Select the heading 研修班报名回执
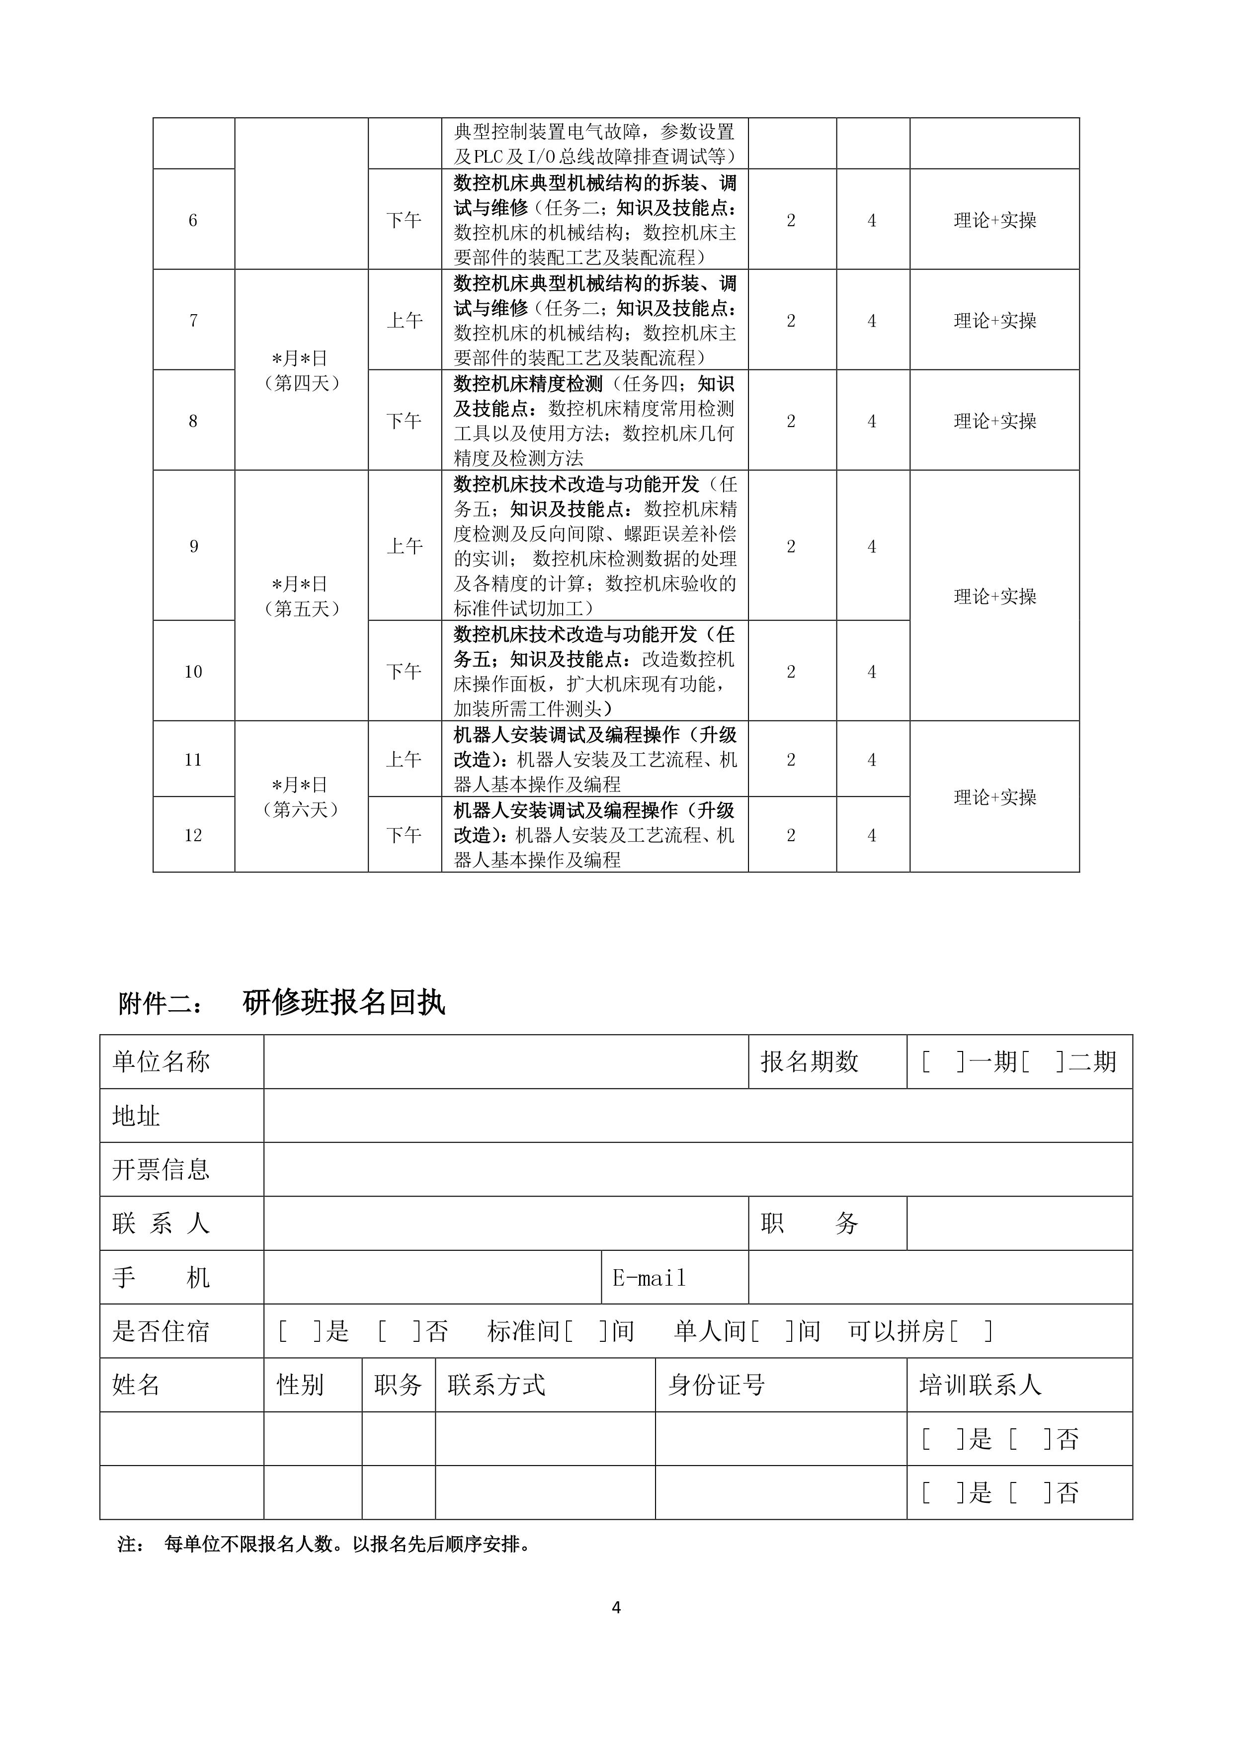coord(343,1003)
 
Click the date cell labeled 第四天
coord(302,371)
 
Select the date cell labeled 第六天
coord(302,797)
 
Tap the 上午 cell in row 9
coord(404,546)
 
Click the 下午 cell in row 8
coord(404,421)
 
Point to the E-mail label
coord(649,1278)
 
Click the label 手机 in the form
coord(161,1278)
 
